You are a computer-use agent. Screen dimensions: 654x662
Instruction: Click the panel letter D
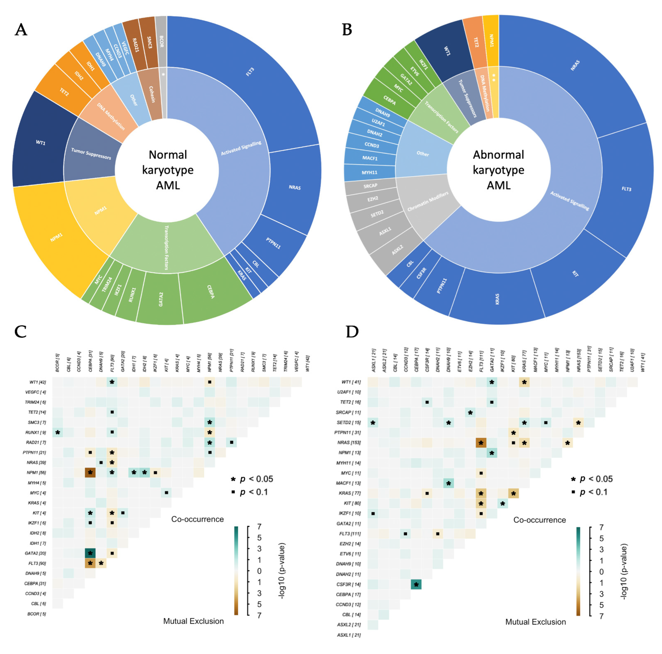pyautogui.click(x=352, y=332)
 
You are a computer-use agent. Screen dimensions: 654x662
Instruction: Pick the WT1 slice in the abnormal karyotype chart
pyautogui.click(x=445, y=50)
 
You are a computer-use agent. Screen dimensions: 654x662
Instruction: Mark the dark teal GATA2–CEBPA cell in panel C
pyautogui.click(x=90, y=553)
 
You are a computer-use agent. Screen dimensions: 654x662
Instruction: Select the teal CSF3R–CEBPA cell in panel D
pyautogui.click(x=416, y=584)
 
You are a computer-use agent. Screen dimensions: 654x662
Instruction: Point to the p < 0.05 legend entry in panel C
pyautogui.click(x=252, y=479)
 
